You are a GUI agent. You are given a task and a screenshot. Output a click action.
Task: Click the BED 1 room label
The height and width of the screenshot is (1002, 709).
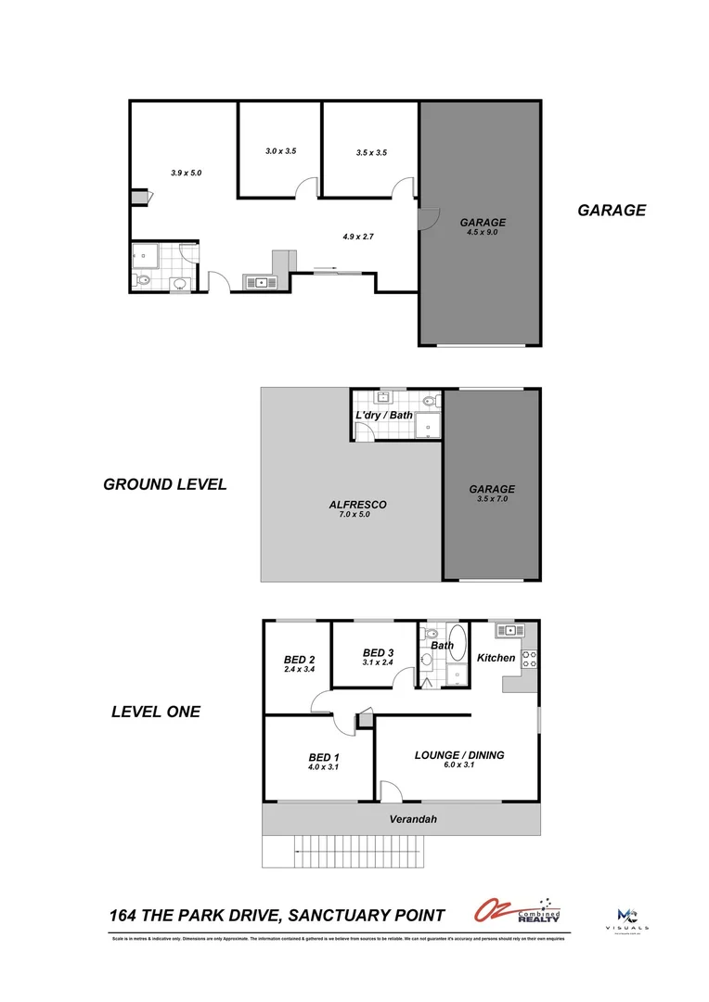point(323,757)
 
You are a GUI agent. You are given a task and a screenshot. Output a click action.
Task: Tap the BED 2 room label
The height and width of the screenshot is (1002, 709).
point(298,660)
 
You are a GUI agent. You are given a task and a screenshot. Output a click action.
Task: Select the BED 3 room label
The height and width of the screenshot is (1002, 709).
point(379,652)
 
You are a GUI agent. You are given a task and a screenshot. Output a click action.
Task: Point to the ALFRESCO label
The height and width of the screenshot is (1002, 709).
point(357,505)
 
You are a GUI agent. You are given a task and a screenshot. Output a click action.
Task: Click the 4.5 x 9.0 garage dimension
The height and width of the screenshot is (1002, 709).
point(483,233)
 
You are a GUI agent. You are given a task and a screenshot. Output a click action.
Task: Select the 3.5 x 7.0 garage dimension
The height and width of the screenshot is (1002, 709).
point(491,499)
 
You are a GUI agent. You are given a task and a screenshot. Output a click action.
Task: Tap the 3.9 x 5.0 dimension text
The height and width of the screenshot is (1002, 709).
point(186,173)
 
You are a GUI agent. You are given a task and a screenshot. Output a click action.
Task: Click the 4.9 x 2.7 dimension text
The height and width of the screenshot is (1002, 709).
point(357,237)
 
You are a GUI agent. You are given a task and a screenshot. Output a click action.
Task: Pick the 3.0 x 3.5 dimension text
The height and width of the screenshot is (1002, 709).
point(279,150)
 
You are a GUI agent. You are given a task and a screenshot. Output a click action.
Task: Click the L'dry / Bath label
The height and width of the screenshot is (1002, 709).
point(384,415)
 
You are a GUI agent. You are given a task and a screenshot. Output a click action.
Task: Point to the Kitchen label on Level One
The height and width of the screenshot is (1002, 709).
point(496,658)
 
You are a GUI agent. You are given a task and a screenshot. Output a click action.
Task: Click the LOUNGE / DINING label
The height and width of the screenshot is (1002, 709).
point(458,755)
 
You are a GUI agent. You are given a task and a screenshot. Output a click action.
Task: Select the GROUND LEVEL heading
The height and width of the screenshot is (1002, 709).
point(164,484)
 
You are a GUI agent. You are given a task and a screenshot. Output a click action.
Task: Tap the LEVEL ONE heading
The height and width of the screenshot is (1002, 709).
point(155,713)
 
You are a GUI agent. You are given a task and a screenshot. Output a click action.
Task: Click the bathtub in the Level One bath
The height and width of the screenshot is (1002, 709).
point(458,652)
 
